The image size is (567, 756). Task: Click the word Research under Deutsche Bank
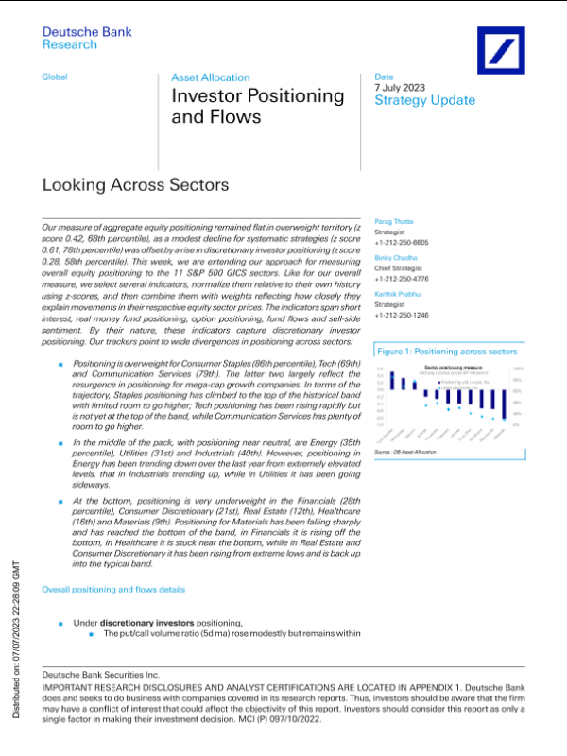click(x=69, y=44)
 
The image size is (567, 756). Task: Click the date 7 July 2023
click(x=400, y=88)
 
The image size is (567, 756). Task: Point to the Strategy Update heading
click(x=424, y=100)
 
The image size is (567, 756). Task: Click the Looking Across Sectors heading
click(x=136, y=186)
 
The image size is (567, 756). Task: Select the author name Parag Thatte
click(x=394, y=221)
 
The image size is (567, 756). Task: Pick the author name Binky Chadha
click(x=397, y=256)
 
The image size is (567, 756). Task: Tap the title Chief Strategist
click(x=403, y=266)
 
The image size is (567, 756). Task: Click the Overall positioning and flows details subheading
click(x=113, y=590)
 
